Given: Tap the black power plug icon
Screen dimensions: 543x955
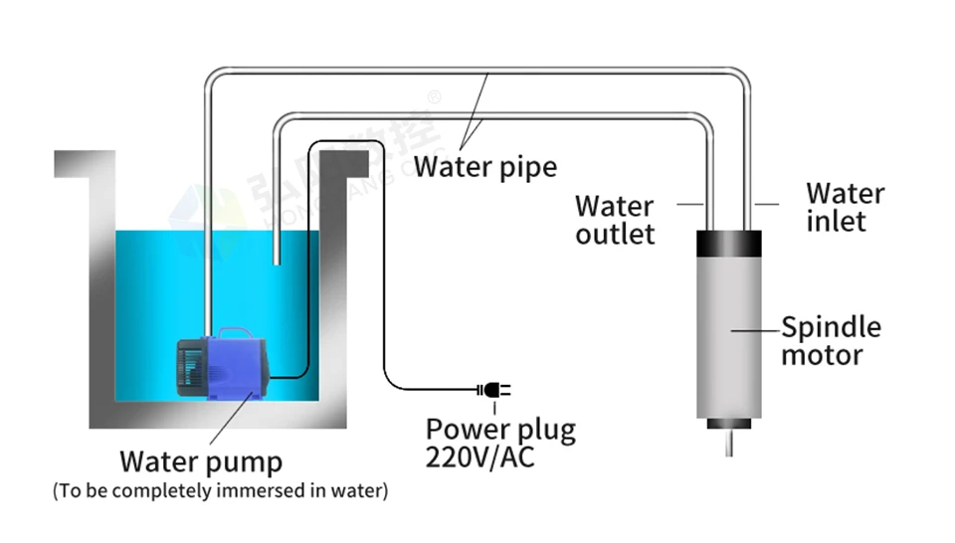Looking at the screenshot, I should (x=494, y=389).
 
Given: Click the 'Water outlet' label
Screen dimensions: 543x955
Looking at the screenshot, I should (x=615, y=220).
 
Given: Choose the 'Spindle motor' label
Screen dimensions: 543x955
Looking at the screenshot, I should (x=831, y=340).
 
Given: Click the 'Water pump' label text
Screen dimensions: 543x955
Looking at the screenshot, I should (x=201, y=461).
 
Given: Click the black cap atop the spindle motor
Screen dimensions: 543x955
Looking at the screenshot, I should (x=728, y=242).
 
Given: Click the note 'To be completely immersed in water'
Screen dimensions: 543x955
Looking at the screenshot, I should (x=220, y=490).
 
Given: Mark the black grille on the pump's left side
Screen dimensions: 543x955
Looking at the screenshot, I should (x=189, y=367).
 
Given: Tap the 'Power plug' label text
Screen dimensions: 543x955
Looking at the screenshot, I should (x=500, y=430).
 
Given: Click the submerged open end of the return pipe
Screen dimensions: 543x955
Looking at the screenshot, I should (x=277, y=261).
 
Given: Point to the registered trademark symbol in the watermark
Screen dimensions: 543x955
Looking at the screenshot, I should (x=433, y=97).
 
